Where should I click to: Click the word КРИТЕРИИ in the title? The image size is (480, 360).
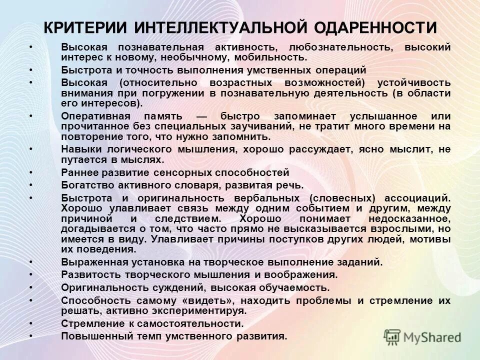coord(85,27)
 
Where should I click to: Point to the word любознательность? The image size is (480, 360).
coord(339,47)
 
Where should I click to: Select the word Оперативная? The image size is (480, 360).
coord(93,115)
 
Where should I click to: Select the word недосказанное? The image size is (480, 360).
coord(410,219)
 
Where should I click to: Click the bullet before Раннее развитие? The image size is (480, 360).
coord(31,172)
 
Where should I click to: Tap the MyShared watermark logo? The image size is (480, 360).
coord(422,336)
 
